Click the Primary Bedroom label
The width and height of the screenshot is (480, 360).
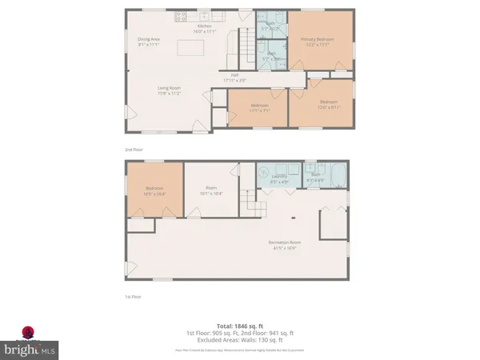[x=318, y=41]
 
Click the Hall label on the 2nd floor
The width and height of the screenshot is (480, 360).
[x=247, y=78]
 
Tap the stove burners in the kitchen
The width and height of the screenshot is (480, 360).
[x=181, y=15]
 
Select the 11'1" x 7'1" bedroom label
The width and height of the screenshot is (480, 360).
[x=258, y=107]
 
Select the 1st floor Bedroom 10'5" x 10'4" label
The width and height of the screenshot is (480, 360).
[x=154, y=191]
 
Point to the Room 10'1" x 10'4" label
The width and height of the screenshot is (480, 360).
[x=210, y=191]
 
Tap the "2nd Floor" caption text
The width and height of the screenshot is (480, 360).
[x=134, y=149]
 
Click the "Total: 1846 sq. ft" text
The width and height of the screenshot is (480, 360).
[x=239, y=326]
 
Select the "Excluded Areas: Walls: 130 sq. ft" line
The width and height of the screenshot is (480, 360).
[x=239, y=340]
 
